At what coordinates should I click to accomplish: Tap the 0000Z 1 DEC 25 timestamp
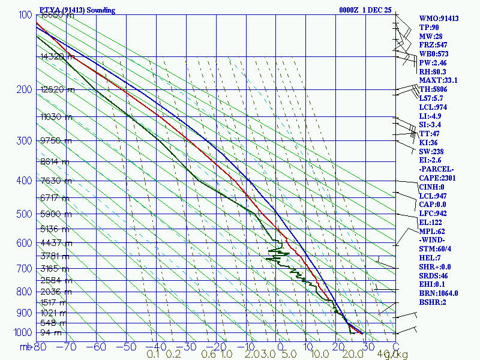[365, 10]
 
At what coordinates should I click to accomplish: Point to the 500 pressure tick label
[23, 214]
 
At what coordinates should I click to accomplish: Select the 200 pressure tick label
[23, 90]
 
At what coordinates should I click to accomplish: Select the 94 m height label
[51, 332]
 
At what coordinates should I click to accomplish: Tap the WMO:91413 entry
[439, 19]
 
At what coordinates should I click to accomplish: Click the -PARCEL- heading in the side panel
[436, 169]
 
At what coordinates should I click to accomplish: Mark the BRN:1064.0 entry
[439, 293]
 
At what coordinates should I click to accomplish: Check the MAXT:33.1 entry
[438, 80]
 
